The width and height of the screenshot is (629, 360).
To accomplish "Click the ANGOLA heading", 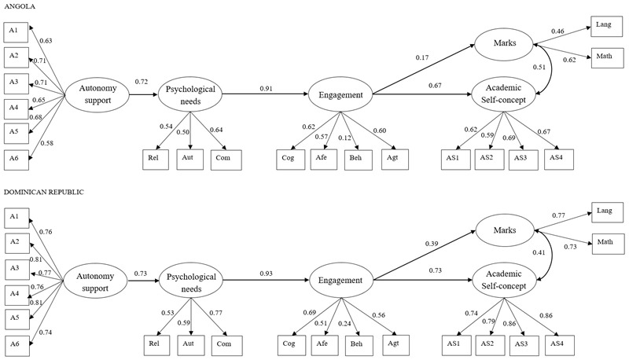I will tap(17, 6).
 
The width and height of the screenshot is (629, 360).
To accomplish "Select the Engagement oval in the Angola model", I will tap(340, 95).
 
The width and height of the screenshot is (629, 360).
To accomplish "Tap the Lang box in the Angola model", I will tap(605, 27).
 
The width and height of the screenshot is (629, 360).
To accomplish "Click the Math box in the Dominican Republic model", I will tap(605, 243).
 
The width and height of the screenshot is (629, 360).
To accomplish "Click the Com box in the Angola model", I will tap(223, 158).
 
